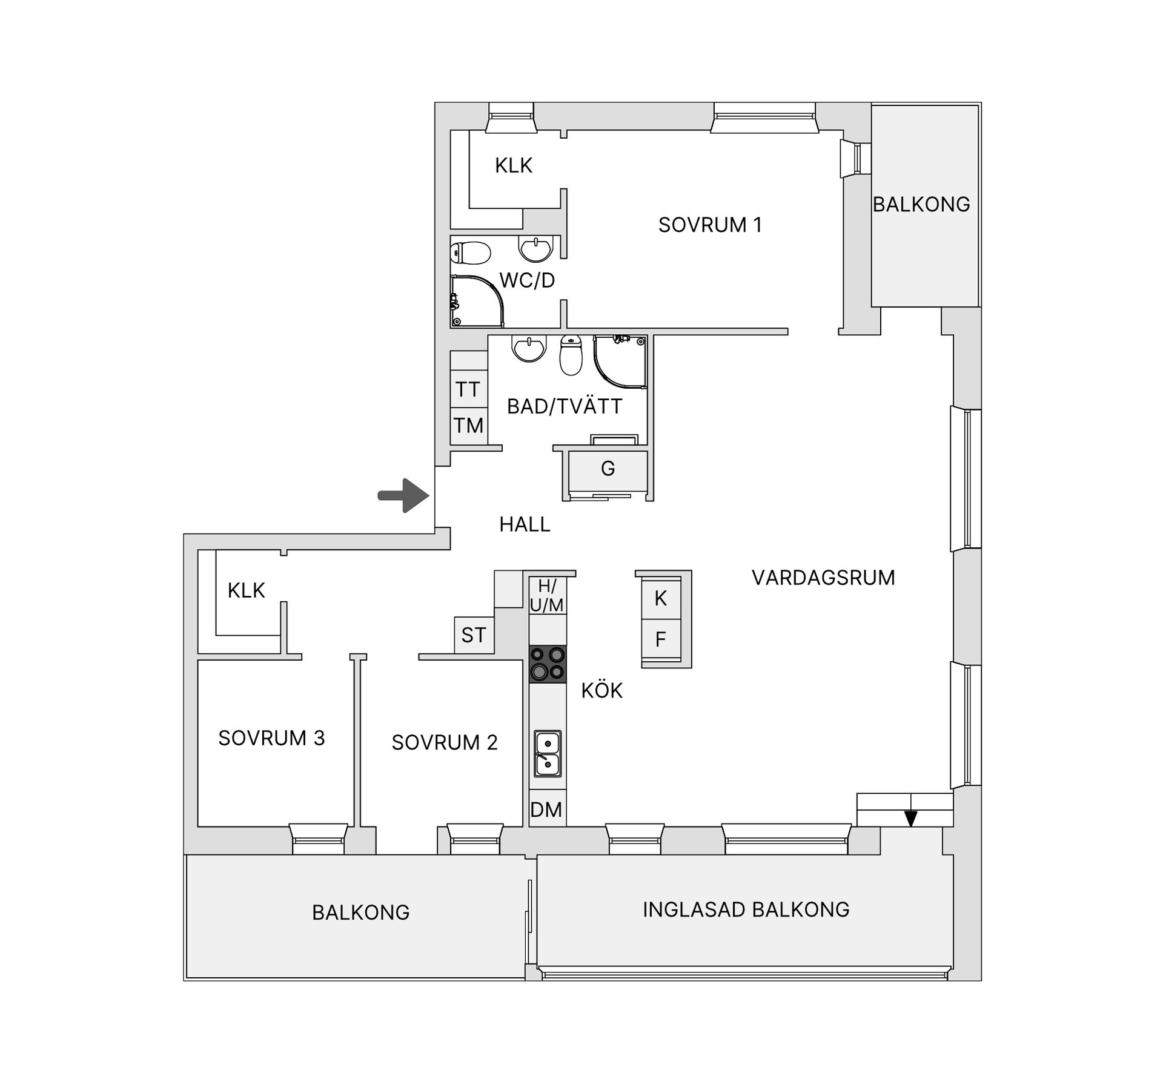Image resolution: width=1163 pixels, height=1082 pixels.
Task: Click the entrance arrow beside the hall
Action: coord(404,496)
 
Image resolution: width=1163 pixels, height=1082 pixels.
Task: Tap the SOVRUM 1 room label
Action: coord(710,225)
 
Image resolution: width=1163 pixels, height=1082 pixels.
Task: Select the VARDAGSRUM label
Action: coord(823,578)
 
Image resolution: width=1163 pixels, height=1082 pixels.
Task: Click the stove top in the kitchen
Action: coord(548,664)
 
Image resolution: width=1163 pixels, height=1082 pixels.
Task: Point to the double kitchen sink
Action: coord(548,753)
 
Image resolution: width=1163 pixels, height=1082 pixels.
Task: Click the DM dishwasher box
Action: coord(546,810)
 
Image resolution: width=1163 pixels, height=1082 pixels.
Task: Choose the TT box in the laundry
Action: coord(468,389)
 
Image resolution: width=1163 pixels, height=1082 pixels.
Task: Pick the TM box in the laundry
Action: coord(468,426)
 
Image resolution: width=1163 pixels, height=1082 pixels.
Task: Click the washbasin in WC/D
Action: coord(536,249)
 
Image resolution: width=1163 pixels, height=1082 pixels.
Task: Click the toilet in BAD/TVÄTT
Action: coord(571,355)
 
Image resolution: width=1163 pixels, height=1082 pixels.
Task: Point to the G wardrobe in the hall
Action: coord(608,469)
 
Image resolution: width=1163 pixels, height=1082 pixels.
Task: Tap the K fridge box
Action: coord(661,598)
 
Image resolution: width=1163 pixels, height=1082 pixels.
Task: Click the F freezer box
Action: coord(661,639)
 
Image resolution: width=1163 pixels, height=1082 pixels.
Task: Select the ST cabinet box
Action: coord(474,635)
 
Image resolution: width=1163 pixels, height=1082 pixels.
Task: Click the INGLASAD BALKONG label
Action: coord(746,909)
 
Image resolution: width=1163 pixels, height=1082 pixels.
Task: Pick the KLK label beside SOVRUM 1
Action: coord(514,165)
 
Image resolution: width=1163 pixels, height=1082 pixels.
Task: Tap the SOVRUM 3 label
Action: coord(271,738)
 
